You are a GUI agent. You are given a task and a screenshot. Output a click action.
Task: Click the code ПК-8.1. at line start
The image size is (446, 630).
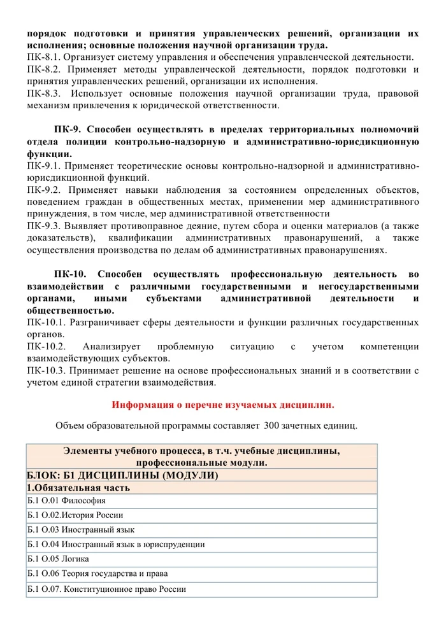tap(44, 57)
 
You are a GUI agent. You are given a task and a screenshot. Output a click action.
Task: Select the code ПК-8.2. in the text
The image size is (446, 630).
tap(44, 69)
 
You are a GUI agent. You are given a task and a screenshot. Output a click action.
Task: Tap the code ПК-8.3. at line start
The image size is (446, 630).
tap(44, 94)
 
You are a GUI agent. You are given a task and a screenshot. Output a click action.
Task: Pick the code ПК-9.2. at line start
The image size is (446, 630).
tap(44, 190)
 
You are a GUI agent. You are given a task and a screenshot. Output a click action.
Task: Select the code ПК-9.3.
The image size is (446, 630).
tap(44, 227)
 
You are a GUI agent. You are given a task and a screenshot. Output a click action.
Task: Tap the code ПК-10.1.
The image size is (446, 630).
tap(47, 323)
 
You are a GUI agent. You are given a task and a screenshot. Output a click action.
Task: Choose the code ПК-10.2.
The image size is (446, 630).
tap(47, 347)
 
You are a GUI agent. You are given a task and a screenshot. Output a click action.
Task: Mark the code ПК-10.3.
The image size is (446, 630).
tap(47, 371)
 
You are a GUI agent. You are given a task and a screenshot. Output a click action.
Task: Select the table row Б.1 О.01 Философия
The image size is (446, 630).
tap(66, 501)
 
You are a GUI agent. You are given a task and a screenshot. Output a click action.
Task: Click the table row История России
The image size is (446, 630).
tap(75, 515)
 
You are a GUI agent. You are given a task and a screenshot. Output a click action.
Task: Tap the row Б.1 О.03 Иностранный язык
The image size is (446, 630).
tap(80, 530)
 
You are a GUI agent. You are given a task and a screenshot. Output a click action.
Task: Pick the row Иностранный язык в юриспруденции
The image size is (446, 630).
tap(115, 545)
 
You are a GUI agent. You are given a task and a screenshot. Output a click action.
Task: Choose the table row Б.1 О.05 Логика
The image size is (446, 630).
tap(58, 559)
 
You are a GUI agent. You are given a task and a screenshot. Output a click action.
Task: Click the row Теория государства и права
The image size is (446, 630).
tap(96, 575)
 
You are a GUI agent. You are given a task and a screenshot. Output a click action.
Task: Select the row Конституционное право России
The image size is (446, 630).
tap(106, 589)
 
